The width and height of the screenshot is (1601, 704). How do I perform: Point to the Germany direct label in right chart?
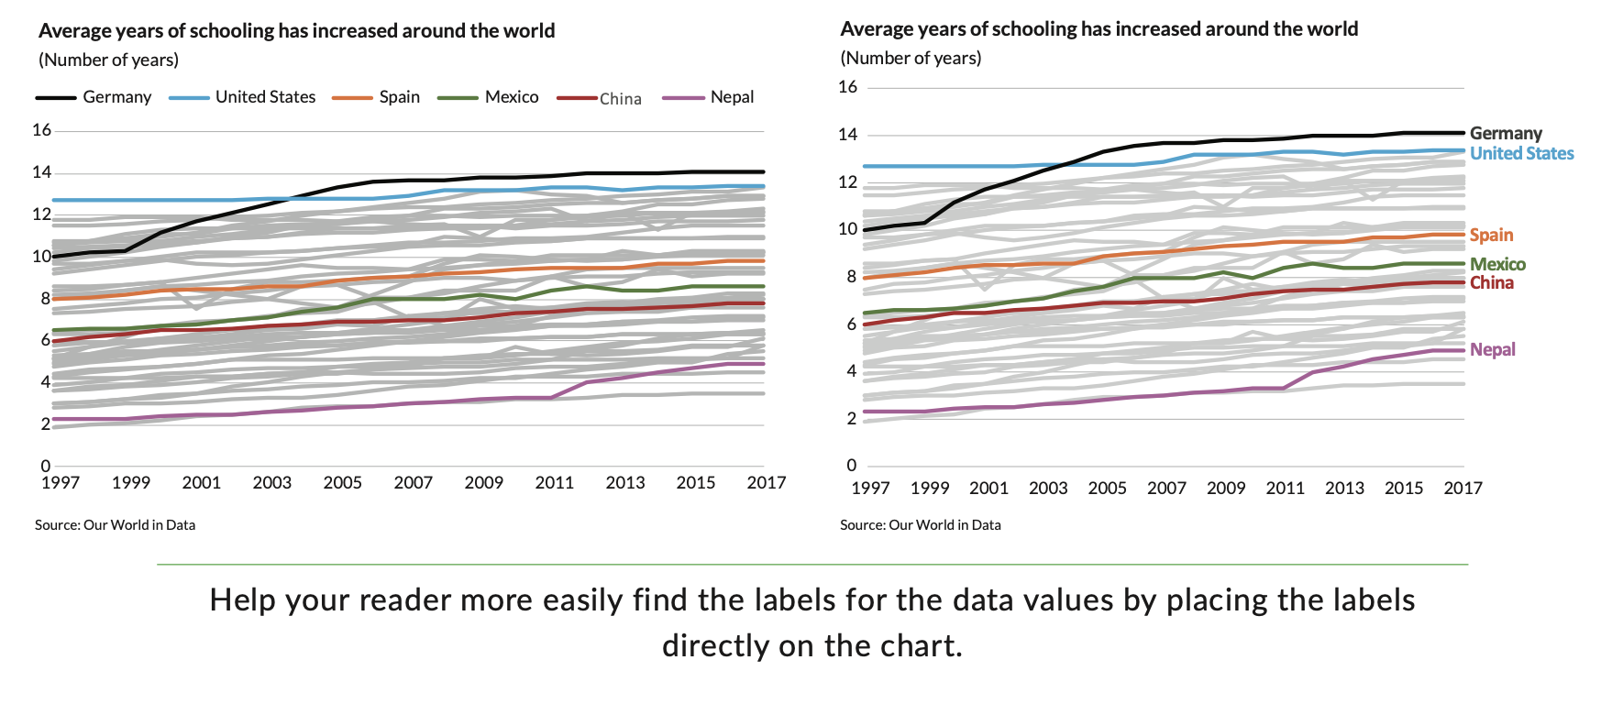[1506, 133]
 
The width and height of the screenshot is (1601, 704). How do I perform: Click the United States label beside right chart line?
[1521, 153]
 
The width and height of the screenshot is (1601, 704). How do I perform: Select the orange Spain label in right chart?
[1491, 235]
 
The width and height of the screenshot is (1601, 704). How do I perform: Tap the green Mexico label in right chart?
[1497, 264]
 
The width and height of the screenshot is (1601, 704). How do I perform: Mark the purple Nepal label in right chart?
[1492, 349]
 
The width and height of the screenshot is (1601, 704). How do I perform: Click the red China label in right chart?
[1491, 282]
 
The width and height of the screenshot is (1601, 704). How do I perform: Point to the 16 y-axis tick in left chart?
[41, 130]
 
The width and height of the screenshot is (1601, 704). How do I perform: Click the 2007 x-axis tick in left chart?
[413, 483]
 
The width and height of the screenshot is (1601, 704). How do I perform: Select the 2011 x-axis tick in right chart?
[1285, 488]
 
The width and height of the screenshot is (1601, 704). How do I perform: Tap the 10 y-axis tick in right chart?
[848, 229]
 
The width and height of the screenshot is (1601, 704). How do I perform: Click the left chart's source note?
[115, 525]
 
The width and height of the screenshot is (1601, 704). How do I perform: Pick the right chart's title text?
[1099, 29]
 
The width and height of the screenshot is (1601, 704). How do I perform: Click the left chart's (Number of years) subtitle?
[108, 60]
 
